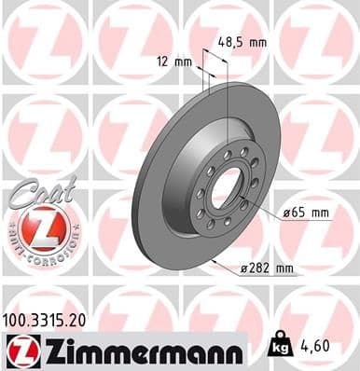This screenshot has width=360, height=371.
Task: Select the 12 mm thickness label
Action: [x=175, y=62]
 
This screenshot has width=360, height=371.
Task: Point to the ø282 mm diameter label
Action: [x=268, y=269]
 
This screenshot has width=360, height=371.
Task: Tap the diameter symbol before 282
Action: [x=244, y=269]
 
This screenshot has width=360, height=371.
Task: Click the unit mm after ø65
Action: [x=319, y=213]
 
